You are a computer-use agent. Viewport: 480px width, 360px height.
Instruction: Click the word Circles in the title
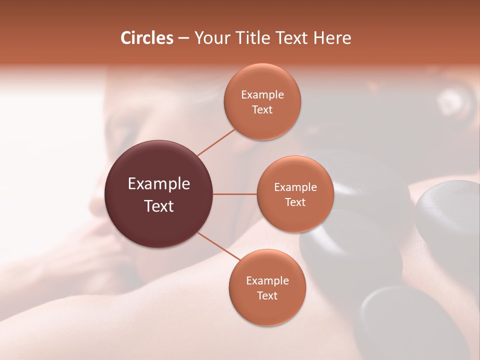click(x=146, y=38)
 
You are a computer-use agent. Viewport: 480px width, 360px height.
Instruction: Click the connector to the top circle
click(x=216, y=142)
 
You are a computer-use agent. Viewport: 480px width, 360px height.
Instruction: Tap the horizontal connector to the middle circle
click(x=235, y=194)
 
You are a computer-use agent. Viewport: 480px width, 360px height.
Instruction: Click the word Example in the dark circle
click(x=159, y=184)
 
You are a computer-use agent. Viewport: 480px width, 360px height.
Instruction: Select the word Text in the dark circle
click(x=159, y=206)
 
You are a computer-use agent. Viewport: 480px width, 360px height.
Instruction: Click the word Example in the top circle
click(x=262, y=95)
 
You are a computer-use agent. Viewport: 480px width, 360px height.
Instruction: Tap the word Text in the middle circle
click(x=295, y=202)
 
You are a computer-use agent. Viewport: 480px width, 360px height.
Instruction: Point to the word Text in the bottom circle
click(x=267, y=295)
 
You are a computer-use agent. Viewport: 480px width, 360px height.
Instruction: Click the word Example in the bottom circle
click(x=267, y=280)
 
